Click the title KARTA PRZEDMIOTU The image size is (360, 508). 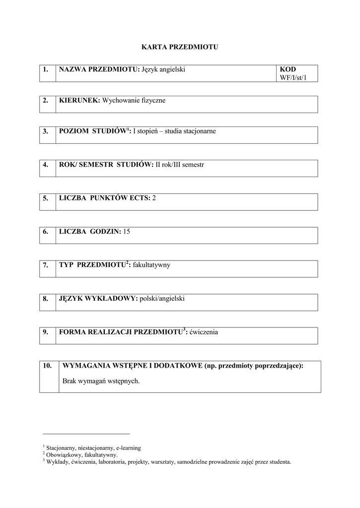[x=180, y=47]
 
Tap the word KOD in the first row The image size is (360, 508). [x=288, y=69]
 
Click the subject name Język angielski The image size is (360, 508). [x=163, y=69]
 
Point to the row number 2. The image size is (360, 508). [x=46, y=100]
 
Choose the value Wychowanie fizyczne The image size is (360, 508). [x=134, y=100]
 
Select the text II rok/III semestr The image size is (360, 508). [x=180, y=164]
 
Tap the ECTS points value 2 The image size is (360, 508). [x=154, y=198]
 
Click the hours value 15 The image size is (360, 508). [x=127, y=231]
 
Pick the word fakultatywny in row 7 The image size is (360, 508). [x=151, y=265]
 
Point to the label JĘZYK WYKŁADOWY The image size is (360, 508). [x=97, y=299]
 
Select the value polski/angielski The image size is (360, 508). [x=162, y=299]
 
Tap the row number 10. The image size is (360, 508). [x=48, y=366]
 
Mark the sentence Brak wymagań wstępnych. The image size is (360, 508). [x=101, y=381]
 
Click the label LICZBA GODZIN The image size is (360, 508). [x=89, y=231]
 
